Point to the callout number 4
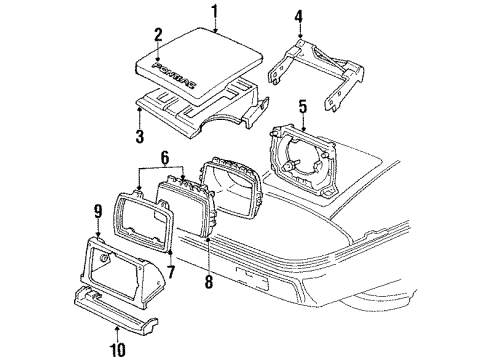click(298, 16)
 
